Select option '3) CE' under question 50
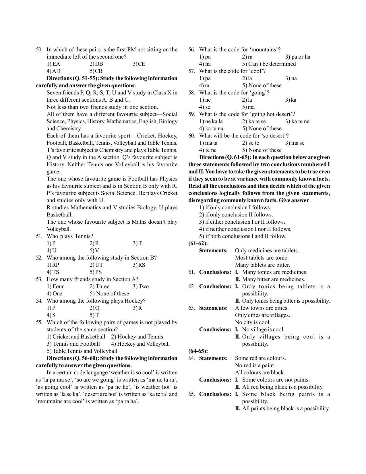(139, 64)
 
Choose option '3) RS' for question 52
(139, 265)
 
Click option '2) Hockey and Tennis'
(137, 337)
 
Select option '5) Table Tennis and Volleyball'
(82, 351)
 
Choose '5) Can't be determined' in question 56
(269, 64)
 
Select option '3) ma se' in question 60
(295, 143)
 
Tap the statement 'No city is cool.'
(253, 322)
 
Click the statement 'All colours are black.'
(260, 373)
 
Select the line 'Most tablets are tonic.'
(262, 258)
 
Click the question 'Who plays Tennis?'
(70, 236)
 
